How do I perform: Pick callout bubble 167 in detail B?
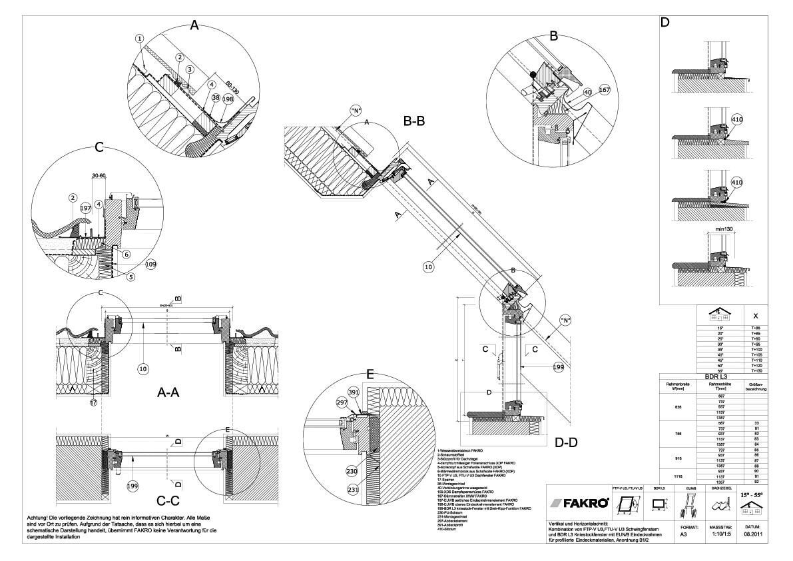(x=605, y=90)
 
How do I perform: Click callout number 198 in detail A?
(x=228, y=99)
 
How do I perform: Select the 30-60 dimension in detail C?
(x=99, y=176)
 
